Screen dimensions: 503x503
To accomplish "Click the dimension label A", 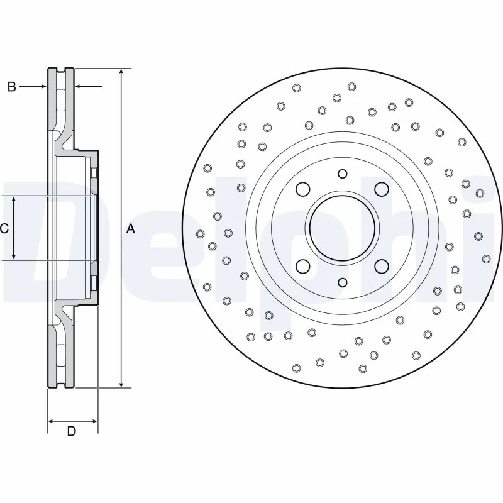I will pos(131,229).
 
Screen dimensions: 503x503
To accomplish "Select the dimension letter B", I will pos(11,87).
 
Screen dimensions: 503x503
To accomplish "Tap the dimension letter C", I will pos(4,229).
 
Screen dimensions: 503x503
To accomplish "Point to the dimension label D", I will pos(72,431).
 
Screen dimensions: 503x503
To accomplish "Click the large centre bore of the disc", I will pos(342,228).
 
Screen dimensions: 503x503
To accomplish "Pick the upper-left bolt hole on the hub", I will pos(303,189).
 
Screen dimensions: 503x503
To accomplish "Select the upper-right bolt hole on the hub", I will pos(381,189).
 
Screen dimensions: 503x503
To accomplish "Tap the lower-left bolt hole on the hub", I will pos(303,266).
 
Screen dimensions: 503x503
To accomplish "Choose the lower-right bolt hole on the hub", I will pos(381,266).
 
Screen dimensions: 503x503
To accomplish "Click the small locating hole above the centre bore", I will pos(342,174).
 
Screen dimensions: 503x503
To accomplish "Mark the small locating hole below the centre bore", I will pos(342,282).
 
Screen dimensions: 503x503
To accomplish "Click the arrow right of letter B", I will pos(79,87).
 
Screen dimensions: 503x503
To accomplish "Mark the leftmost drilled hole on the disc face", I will pos(201,234).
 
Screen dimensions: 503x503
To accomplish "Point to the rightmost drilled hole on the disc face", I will pos(486,258).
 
